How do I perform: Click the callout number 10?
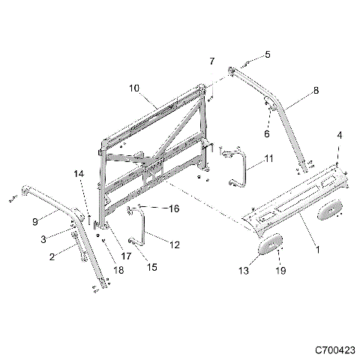(x=134, y=88)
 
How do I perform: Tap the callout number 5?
(x=267, y=55)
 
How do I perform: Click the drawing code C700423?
(x=330, y=349)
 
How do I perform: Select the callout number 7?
(x=211, y=60)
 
